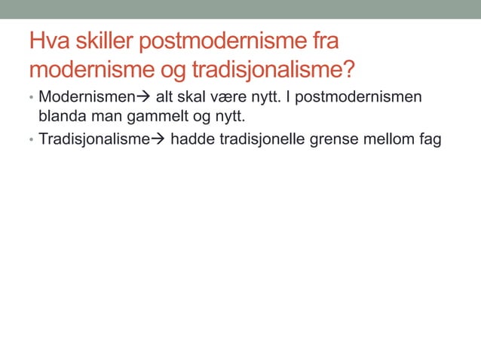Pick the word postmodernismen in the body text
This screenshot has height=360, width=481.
(x=357, y=98)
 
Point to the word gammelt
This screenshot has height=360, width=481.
(x=156, y=117)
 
